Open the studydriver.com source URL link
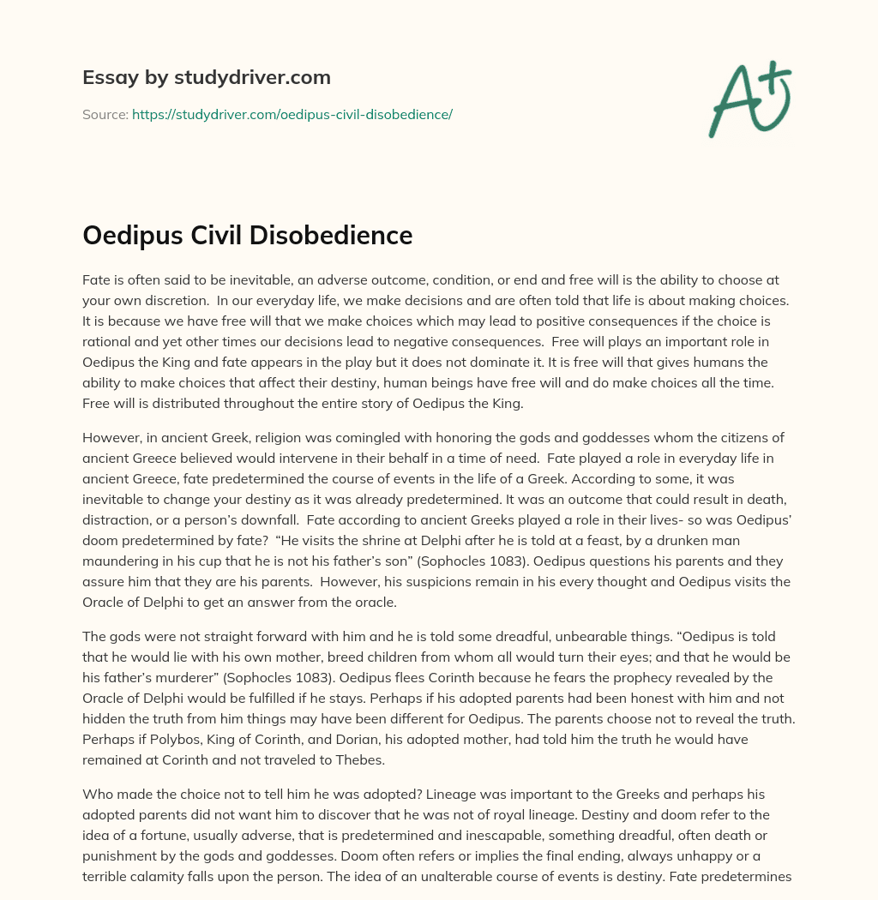coord(292,114)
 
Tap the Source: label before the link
coord(105,114)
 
